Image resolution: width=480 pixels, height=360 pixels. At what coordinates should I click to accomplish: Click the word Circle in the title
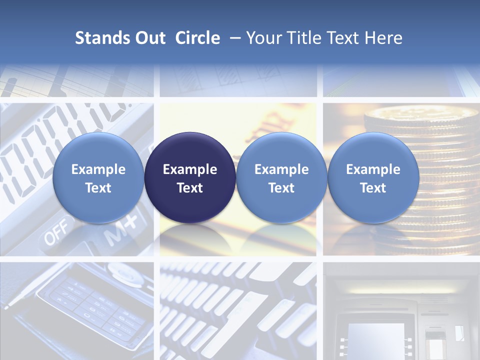click(197, 38)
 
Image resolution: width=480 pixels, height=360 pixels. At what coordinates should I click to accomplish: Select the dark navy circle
click(190, 177)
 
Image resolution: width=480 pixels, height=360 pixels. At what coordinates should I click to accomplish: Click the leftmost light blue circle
click(98, 177)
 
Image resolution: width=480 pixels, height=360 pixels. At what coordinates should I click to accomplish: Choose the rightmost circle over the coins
click(373, 177)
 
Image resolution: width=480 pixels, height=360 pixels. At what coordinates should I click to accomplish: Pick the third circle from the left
click(281, 177)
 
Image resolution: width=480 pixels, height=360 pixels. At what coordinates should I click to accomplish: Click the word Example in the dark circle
click(190, 169)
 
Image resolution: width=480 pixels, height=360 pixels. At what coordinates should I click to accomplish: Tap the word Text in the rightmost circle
click(373, 188)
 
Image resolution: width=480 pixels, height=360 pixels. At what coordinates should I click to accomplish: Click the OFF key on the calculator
click(54, 235)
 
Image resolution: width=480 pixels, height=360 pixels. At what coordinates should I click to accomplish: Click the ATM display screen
click(376, 337)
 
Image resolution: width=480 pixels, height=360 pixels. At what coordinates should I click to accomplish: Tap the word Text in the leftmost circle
click(98, 188)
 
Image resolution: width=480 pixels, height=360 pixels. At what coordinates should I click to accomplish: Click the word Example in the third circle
click(281, 169)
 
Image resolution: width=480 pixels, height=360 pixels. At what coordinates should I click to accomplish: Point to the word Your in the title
click(263, 38)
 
